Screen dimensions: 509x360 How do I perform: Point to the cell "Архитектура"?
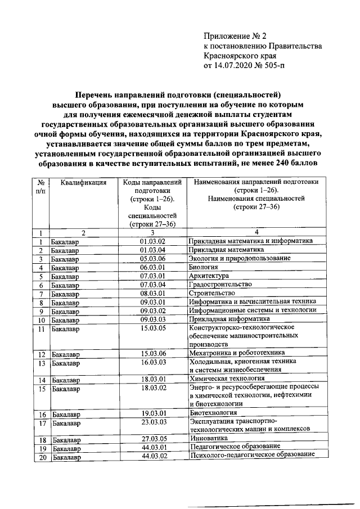coord(209,277)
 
